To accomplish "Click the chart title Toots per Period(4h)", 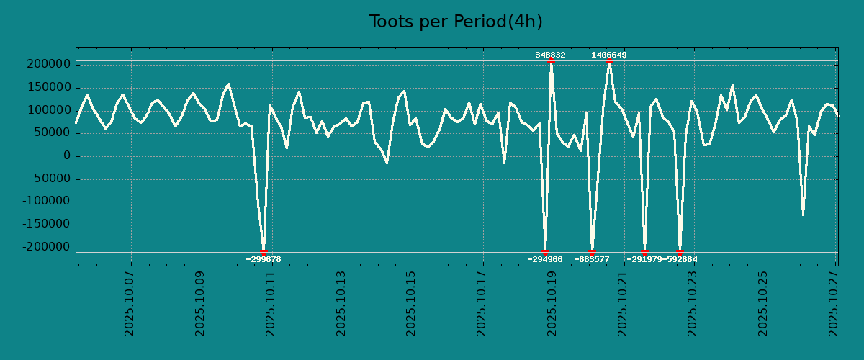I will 456,22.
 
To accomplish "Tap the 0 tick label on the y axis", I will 67,156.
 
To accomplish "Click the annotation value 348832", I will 550,55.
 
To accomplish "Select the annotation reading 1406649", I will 609,55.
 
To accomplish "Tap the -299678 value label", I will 264,259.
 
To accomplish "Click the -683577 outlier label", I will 592,259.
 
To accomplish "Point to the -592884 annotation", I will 680,259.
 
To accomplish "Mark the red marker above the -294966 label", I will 545,252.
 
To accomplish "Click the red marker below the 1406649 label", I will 609,61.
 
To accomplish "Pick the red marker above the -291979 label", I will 644,252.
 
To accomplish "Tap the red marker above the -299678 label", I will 264,252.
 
